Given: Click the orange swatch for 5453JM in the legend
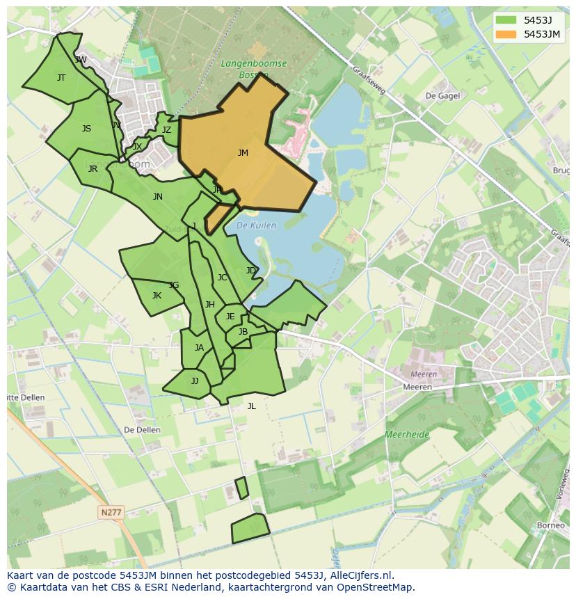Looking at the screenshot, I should pyautogui.click(x=506, y=34).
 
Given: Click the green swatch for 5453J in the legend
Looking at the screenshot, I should pyautogui.click(x=506, y=20).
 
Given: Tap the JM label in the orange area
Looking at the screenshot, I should pyautogui.click(x=243, y=153).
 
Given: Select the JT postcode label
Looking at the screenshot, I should pyautogui.click(x=61, y=78).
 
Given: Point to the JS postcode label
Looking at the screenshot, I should pyautogui.click(x=86, y=129).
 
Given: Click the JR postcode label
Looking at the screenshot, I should pyautogui.click(x=93, y=169).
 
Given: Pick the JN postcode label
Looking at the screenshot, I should pyautogui.click(x=158, y=197).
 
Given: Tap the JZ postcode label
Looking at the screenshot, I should pyautogui.click(x=166, y=130).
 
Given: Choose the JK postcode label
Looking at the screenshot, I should pyautogui.click(x=157, y=296).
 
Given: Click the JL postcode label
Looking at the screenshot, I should pyautogui.click(x=251, y=406).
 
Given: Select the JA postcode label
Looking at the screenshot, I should pyautogui.click(x=199, y=348).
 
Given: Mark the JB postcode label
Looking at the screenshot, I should pyautogui.click(x=243, y=332).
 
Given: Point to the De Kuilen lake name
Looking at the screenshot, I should pyautogui.click(x=256, y=225).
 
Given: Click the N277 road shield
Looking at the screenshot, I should pyautogui.click(x=111, y=512).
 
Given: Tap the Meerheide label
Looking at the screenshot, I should pyautogui.click(x=407, y=435).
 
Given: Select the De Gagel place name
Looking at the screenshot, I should pyautogui.click(x=442, y=96).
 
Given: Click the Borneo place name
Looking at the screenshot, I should pyautogui.click(x=551, y=525).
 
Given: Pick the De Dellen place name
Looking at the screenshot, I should pyautogui.click(x=142, y=430).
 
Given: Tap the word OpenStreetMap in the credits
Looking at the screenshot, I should pyautogui.click(x=376, y=587).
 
